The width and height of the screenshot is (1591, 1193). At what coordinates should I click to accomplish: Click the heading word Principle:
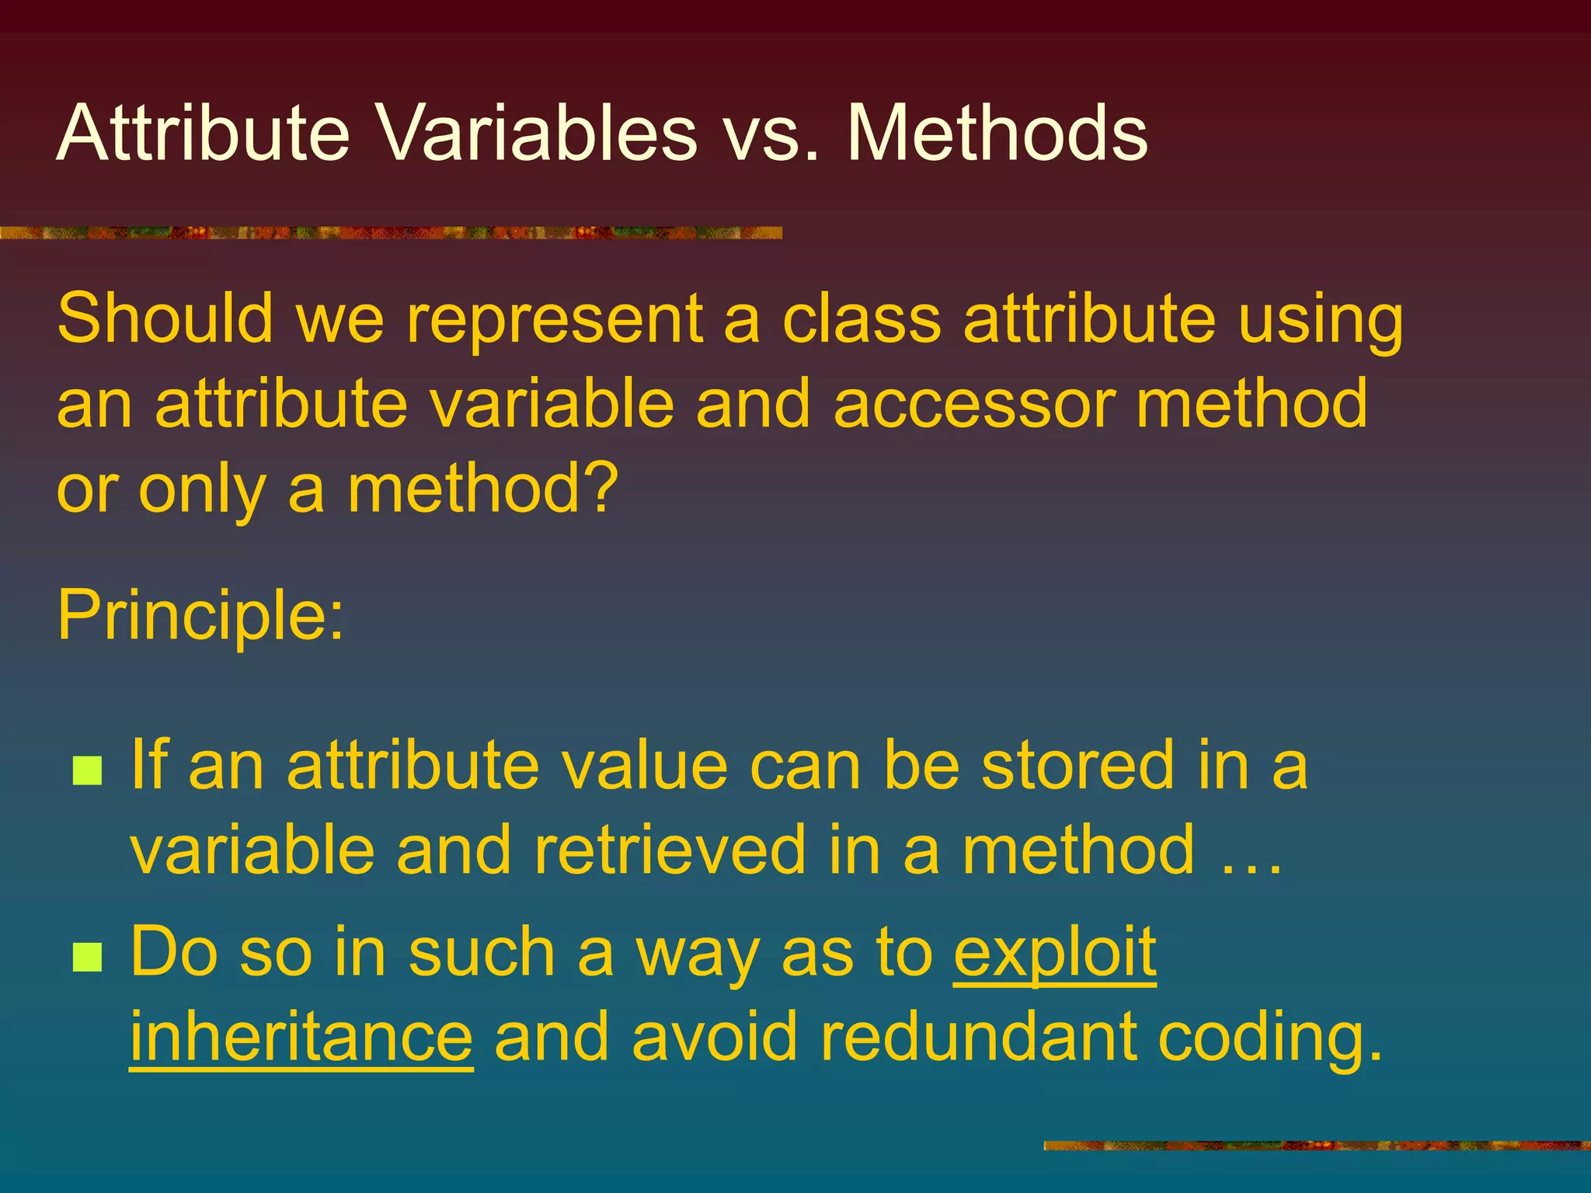(x=200, y=615)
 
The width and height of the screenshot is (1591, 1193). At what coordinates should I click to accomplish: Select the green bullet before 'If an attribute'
(x=87, y=770)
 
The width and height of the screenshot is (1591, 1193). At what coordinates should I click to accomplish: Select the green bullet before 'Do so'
(x=87, y=957)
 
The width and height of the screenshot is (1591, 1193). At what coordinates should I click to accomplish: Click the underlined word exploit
(x=1055, y=954)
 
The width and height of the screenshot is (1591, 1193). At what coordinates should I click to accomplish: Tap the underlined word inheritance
(x=301, y=1038)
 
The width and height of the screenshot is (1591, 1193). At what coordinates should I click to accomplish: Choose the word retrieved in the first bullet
(x=670, y=851)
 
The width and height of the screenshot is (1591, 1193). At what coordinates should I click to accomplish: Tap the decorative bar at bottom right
(x=1316, y=1145)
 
